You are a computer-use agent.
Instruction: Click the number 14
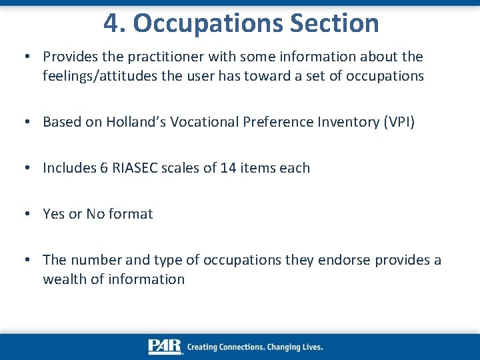(x=228, y=168)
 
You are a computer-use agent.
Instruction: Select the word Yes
(x=54, y=214)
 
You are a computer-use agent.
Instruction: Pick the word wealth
(x=64, y=279)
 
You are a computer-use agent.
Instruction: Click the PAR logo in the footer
(x=165, y=347)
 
